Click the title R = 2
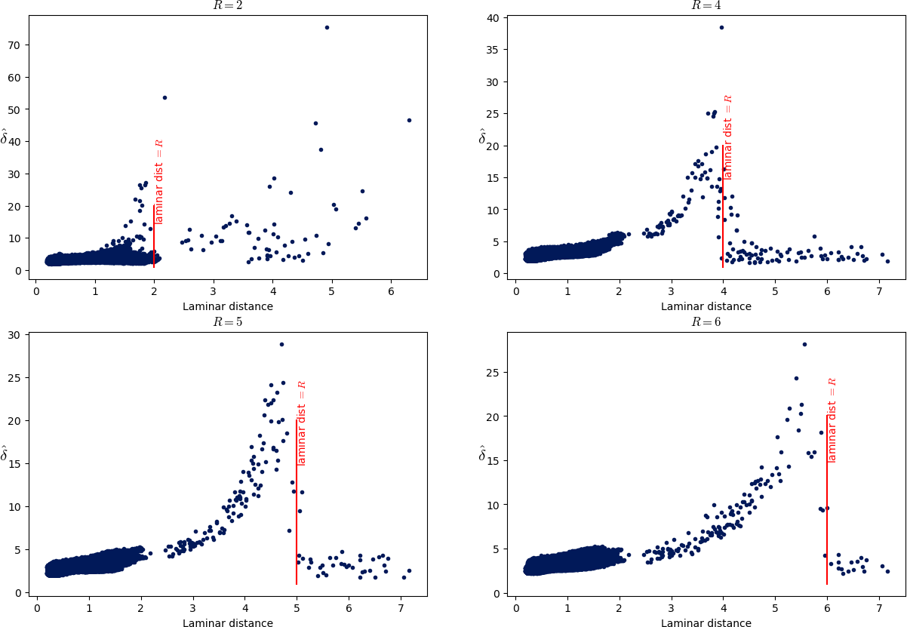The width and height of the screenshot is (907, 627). click(x=227, y=5)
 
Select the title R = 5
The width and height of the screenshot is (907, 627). click(x=227, y=321)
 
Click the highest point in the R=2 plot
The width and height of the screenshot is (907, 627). click(x=327, y=27)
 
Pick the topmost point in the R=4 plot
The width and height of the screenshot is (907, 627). click(x=721, y=27)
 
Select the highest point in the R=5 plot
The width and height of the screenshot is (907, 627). click(x=281, y=344)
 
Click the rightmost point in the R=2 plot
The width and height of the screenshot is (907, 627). click(x=409, y=120)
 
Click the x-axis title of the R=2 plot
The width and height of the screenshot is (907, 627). click(x=227, y=306)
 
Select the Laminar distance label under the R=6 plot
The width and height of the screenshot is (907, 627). click(x=706, y=623)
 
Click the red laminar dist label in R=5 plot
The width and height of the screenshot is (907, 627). click(x=302, y=423)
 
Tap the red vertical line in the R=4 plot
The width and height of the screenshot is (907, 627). click(x=723, y=226)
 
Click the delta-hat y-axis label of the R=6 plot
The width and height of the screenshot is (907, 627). click(x=484, y=453)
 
